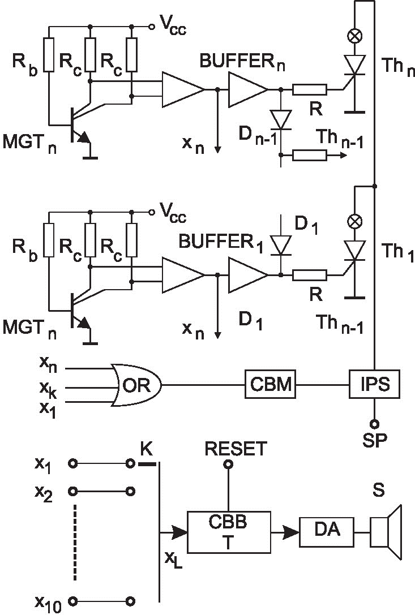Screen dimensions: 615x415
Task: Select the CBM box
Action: [269, 385]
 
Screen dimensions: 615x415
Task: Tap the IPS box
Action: [374, 385]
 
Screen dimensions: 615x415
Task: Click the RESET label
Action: [235, 449]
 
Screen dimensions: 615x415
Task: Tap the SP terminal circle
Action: [374, 423]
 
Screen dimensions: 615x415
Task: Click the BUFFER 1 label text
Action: [222, 241]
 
